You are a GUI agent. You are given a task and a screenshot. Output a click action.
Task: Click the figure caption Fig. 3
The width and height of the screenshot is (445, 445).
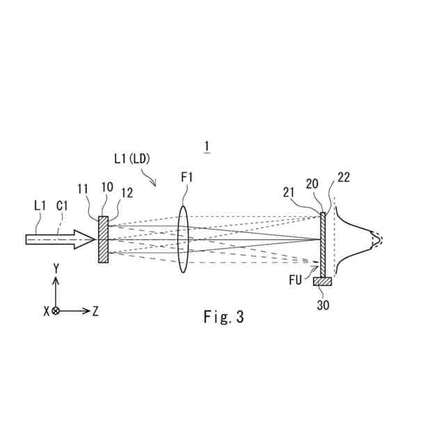[224, 317]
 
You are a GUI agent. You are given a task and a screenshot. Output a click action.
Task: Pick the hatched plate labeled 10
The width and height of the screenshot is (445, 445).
[104, 239]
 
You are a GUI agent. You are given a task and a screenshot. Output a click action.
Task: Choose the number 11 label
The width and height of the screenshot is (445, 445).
[83, 188]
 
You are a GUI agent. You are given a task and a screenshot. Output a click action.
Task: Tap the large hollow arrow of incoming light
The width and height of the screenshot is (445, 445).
[59, 239]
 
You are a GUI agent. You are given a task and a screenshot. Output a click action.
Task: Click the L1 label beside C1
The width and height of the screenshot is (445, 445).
[40, 206]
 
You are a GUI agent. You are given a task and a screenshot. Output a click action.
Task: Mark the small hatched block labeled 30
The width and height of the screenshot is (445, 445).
[323, 281]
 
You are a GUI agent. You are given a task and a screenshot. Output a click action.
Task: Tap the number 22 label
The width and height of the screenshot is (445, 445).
[343, 177]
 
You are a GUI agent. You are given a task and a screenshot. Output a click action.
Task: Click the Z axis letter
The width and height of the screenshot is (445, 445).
[95, 311]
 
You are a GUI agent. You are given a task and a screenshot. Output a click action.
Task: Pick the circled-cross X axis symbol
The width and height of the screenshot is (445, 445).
[56, 311]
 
